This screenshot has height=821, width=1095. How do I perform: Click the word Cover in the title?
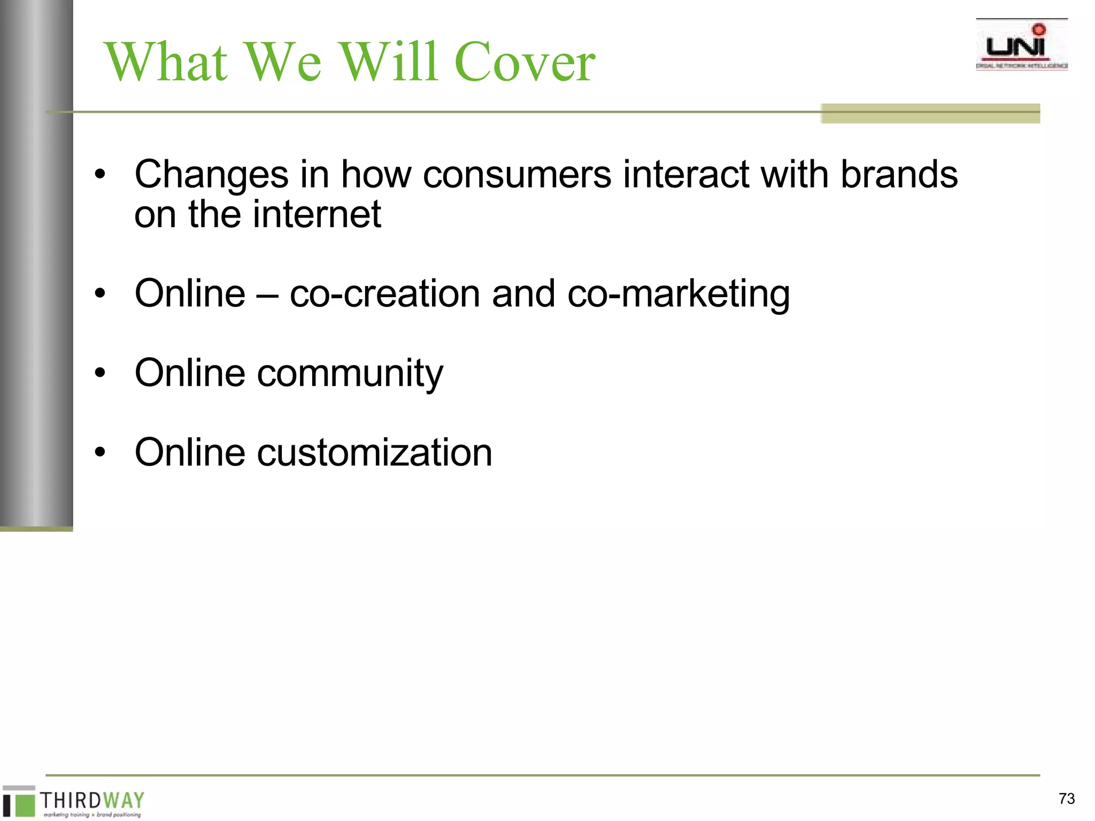(x=525, y=63)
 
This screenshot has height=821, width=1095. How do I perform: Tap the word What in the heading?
(x=166, y=63)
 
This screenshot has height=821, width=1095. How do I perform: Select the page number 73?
(x=1066, y=799)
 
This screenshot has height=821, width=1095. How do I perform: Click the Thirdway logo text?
(x=92, y=800)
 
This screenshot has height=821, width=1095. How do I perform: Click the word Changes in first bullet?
(x=211, y=175)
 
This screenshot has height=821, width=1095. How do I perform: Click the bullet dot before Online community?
(x=100, y=374)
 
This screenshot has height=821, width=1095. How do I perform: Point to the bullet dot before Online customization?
(x=100, y=453)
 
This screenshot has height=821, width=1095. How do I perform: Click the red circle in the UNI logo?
(x=1039, y=29)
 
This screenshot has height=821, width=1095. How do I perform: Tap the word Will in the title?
(x=390, y=63)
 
